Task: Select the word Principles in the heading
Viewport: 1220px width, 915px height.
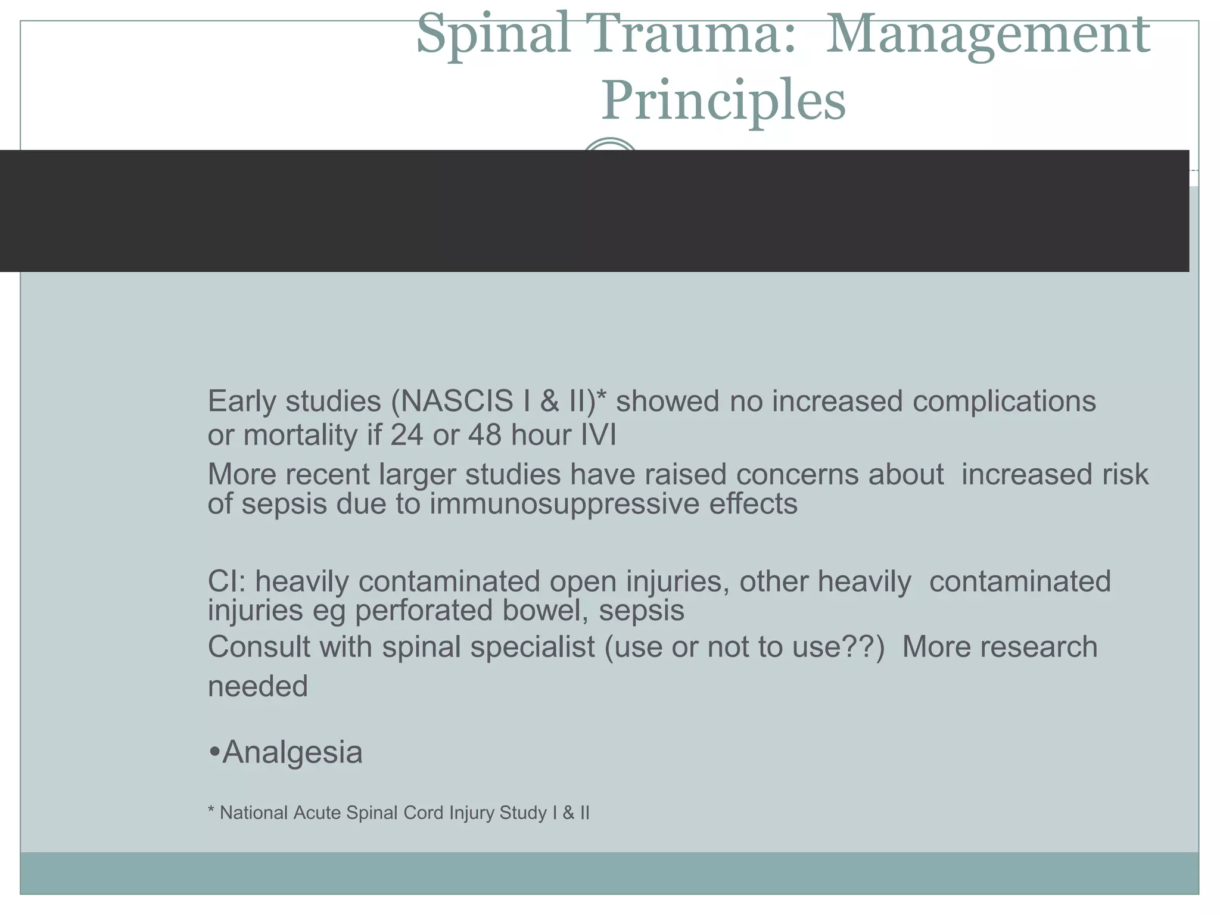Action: pos(723,100)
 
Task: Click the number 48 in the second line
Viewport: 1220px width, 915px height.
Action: pos(485,435)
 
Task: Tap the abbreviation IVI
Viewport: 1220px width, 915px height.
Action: pos(598,435)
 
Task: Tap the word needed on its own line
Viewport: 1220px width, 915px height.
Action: pos(257,686)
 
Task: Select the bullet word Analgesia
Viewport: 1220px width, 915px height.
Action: pos(291,752)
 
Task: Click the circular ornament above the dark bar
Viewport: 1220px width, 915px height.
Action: pos(609,145)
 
